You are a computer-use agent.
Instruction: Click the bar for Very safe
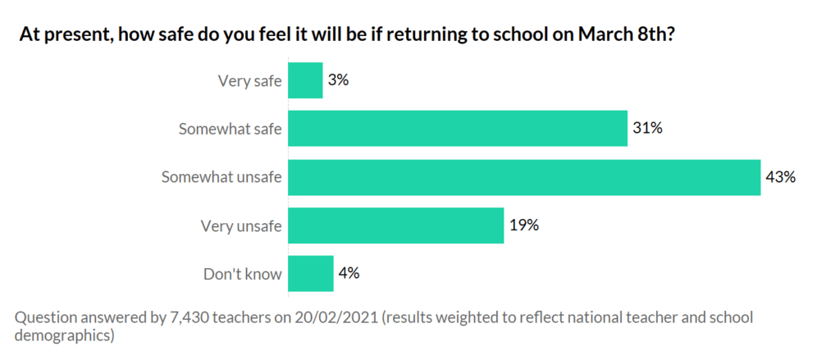point(305,80)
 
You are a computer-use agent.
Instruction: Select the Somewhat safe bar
point(458,129)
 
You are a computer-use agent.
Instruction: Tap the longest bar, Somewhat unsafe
point(524,177)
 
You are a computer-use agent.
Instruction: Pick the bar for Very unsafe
point(395,226)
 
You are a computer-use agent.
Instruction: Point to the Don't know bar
point(311,274)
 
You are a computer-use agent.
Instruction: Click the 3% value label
point(339,80)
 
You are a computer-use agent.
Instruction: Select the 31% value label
point(647,129)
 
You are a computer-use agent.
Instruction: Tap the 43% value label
point(780,177)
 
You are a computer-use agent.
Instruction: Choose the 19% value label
point(523,226)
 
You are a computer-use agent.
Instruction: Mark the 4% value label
point(349,274)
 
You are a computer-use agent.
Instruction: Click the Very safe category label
point(249,81)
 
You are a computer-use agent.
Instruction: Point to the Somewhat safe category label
point(231,130)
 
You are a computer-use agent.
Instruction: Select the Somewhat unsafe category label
point(221,178)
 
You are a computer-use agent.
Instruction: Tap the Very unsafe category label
point(241,226)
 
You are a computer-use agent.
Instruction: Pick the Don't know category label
point(242,275)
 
